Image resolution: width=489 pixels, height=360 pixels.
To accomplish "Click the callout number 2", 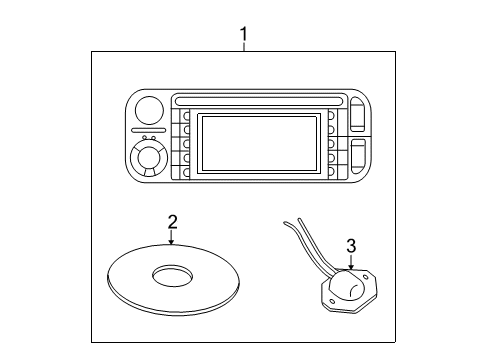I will pos(172,221).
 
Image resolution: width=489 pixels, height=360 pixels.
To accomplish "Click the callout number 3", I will pos(350,245).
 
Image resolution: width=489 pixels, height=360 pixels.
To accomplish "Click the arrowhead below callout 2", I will pos(172,242).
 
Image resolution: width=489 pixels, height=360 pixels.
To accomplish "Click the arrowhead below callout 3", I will pos(350,266).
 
